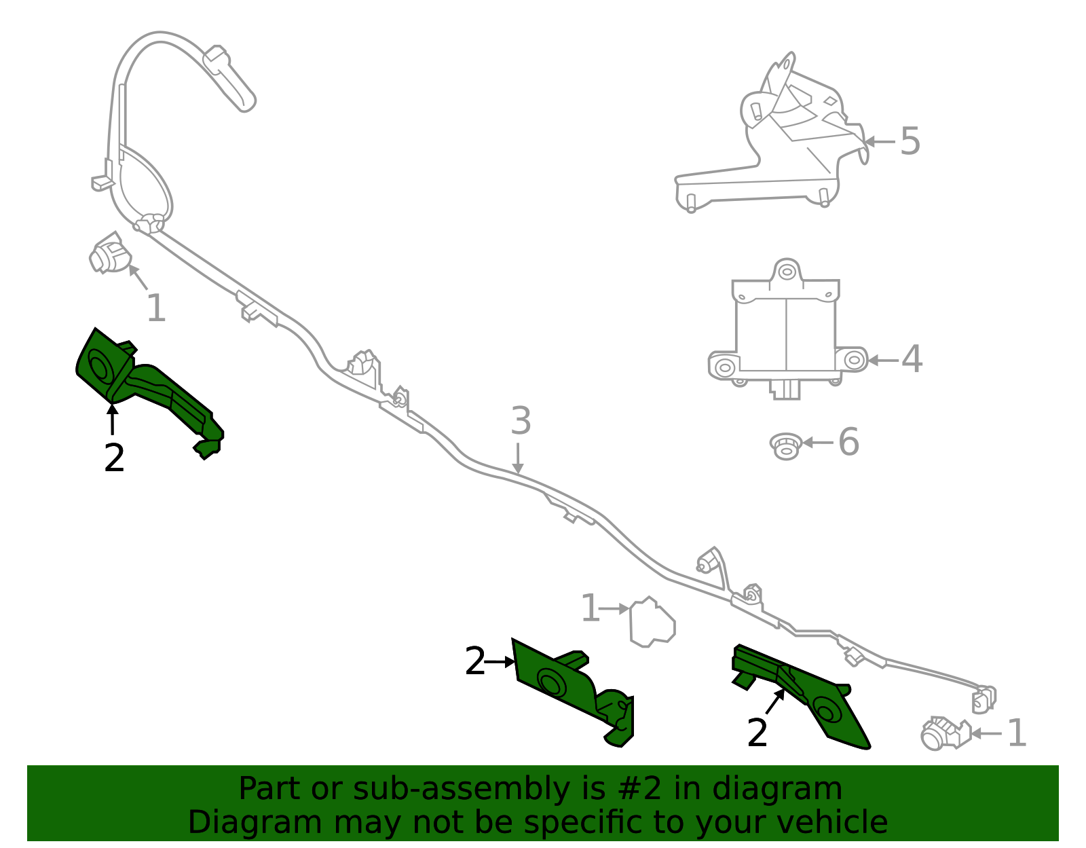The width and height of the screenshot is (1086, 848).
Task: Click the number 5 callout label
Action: [910, 142]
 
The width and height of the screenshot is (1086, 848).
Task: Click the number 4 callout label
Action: [912, 359]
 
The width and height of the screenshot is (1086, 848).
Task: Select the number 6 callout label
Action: [848, 443]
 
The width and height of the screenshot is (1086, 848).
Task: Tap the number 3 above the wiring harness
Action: [521, 422]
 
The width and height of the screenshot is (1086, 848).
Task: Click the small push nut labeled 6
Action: [786, 446]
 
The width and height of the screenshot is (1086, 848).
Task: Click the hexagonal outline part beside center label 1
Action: [651, 621]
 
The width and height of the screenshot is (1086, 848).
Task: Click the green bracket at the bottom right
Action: [804, 696]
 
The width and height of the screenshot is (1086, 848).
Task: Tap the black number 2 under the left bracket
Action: [114, 458]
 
